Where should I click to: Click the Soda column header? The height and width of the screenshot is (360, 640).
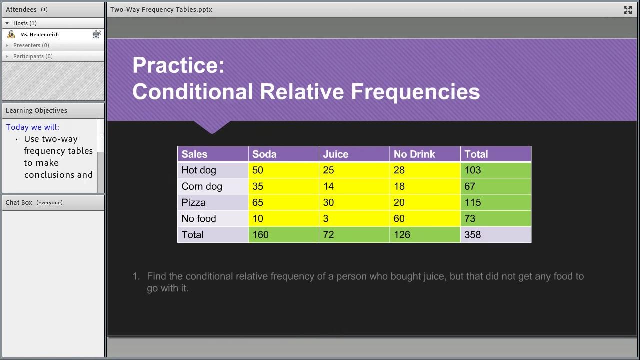point(264,154)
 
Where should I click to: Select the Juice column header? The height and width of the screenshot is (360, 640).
point(335,154)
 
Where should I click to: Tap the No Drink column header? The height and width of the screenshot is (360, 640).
point(414,154)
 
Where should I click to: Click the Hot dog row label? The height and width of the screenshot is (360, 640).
point(199,170)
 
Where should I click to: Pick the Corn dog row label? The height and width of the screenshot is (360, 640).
point(202,186)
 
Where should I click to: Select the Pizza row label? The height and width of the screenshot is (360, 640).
point(194,202)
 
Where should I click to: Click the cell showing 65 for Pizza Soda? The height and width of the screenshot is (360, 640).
point(258,202)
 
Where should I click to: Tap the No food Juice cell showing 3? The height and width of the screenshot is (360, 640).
point(326,218)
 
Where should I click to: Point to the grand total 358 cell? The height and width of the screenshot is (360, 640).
point(473,235)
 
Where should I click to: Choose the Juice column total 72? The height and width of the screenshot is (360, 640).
point(328,235)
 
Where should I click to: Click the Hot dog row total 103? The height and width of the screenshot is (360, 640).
point(473,170)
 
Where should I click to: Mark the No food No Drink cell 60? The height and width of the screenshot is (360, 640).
point(399,218)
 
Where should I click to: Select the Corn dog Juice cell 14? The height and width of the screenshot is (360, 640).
point(328,186)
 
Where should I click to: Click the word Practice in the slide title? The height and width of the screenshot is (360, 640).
point(178,65)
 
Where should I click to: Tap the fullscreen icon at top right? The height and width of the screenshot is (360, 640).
point(628,10)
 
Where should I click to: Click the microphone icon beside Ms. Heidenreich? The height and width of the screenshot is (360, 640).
point(97,34)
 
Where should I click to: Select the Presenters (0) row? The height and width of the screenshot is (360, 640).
point(31,45)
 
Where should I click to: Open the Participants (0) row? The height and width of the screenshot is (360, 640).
point(33,56)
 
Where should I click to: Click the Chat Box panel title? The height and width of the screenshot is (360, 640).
point(19,202)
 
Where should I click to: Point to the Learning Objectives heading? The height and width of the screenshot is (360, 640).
point(36,110)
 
